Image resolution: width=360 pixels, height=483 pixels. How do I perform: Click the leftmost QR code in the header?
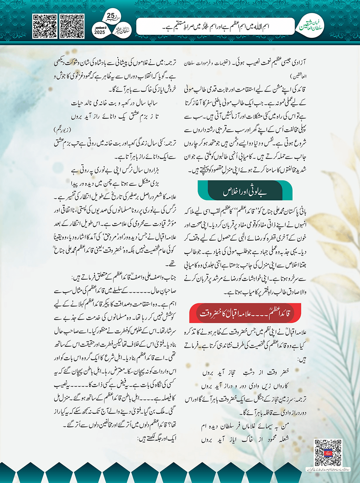click(x=45, y=26)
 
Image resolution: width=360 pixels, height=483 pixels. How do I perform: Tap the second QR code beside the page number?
click(x=72, y=26)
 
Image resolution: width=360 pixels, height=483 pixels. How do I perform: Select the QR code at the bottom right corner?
click(x=328, y=452)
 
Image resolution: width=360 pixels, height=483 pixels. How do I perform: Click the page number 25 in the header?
click(x=111, y=15)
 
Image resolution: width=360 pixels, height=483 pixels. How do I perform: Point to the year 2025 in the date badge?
click(x=100, y=32)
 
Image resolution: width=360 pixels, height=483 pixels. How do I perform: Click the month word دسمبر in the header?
click(x=100, y=27)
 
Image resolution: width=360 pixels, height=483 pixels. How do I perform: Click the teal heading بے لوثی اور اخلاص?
click(x=245, y=192)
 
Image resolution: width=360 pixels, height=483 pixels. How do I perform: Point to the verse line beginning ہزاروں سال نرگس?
click(x=115, y=171)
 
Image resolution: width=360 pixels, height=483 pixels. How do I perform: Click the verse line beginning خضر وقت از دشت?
click(x=245, y=372)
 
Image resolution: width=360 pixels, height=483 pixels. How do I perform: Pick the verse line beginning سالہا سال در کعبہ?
click(x=114, y=103)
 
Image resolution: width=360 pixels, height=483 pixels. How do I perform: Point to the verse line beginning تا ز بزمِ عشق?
click(x=114, y=116)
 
